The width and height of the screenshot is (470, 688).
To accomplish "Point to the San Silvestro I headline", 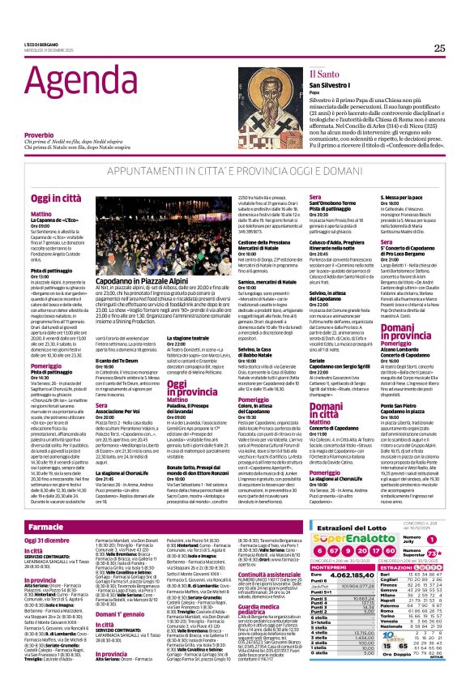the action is pos(332,84).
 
